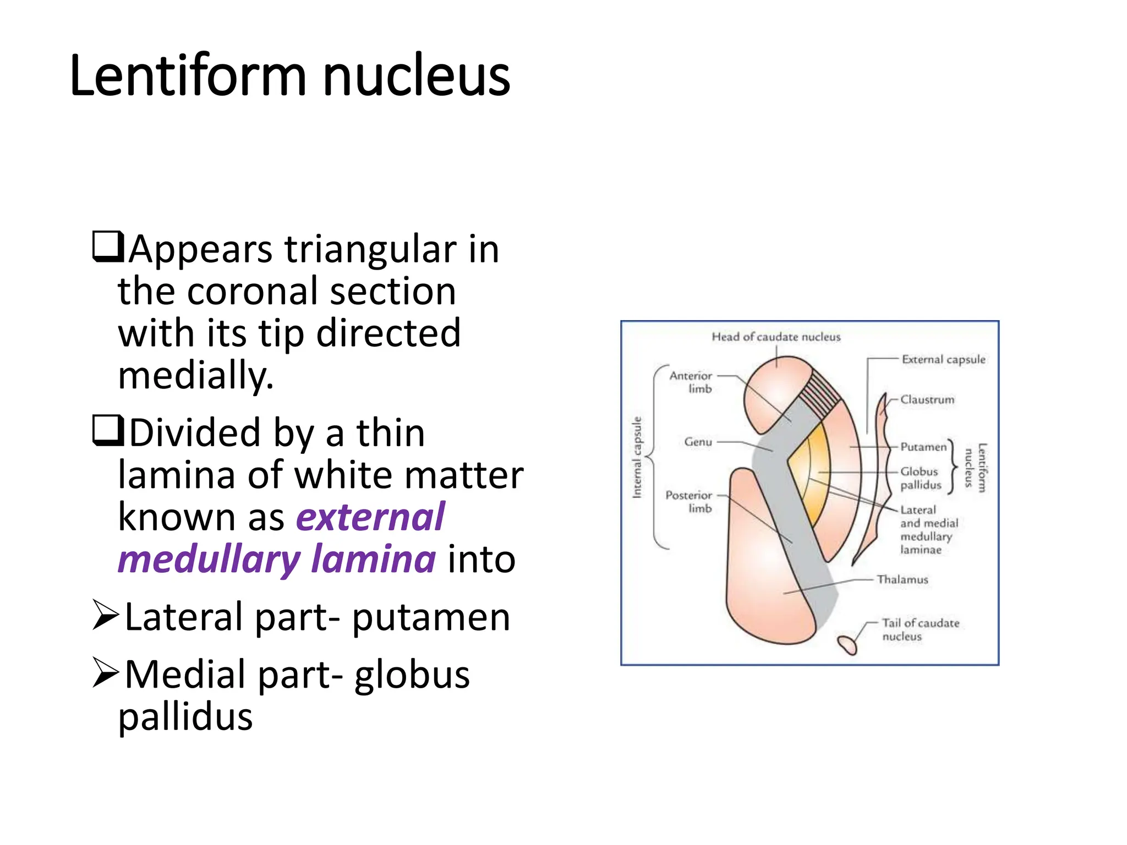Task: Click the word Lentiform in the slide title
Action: coord(187,75)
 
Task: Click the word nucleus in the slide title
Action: coord(416,75)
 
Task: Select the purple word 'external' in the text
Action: coord(370,517)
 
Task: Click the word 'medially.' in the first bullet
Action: coord(195,376)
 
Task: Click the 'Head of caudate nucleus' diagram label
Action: coord(776,337)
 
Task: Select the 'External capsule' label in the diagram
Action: coord(943,359)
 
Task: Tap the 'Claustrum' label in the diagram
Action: coord(927,399)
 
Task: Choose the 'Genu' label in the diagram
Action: coord(698,442)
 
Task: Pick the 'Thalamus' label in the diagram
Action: coord(902,579)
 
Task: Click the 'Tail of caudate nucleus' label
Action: coord(920,629)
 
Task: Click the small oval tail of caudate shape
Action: coord(847,644)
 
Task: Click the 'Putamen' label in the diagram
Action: coord(923,447)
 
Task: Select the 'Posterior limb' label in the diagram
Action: coord(689,501)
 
